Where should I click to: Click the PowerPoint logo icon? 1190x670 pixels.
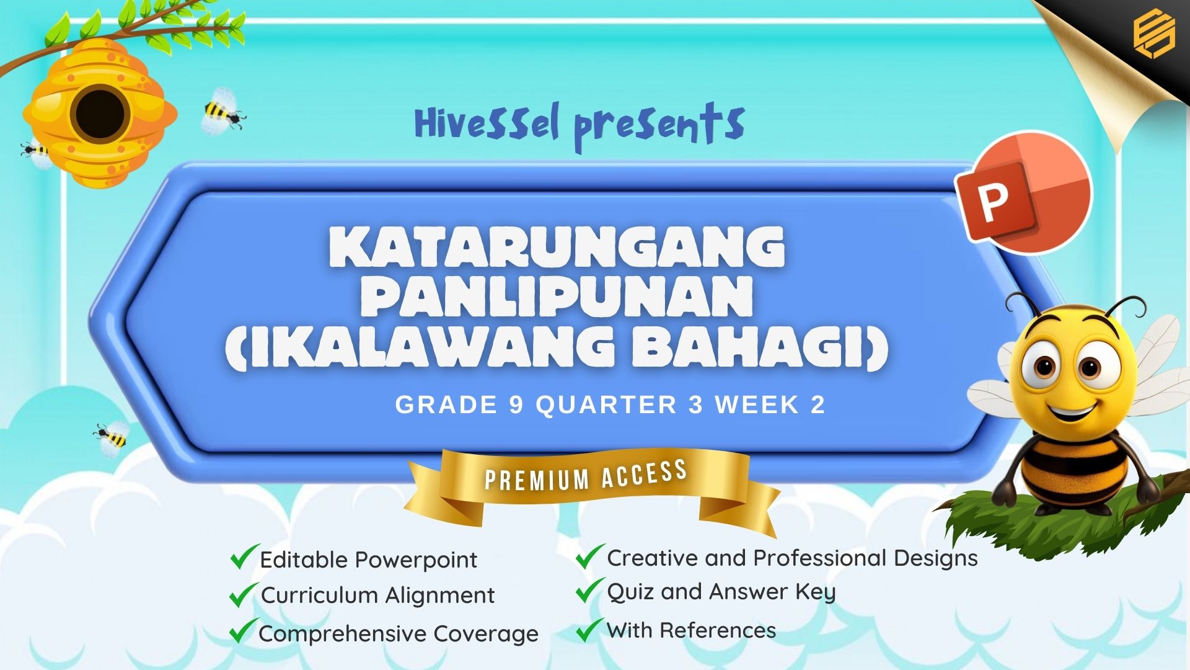[x=1023, y=192]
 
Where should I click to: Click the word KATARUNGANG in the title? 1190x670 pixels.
[x=557, y=246]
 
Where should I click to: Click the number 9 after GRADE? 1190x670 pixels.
[x=516, y=404]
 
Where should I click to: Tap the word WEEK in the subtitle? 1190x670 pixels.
[x=757, y=404]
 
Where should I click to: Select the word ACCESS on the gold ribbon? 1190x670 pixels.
[x=644, y=474]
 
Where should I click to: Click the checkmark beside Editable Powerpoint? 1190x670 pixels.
[x=244, y=556]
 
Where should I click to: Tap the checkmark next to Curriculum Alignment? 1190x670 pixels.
[x=244, y=594]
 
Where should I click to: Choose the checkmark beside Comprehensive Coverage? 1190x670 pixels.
[x=244, y=631]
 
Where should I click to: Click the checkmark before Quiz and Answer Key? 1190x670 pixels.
[x=590, y=590]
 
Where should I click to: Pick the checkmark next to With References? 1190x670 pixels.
[x=590, y=630]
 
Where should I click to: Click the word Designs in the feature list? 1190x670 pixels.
[x=936, y=559]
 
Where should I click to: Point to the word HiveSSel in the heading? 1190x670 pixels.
[x=487, y=122]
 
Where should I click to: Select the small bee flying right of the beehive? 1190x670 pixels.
[x=224, y=112]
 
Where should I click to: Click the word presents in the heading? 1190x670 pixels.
[x=659, y=127]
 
